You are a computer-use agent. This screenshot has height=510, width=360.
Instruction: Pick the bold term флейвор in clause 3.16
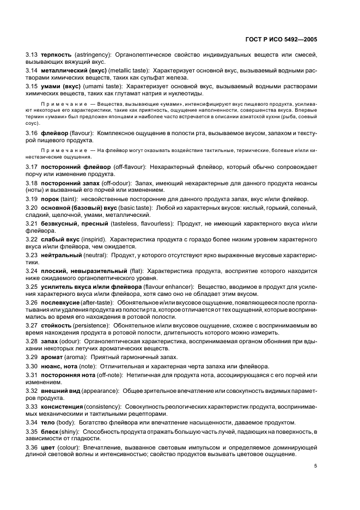pos(54,133)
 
